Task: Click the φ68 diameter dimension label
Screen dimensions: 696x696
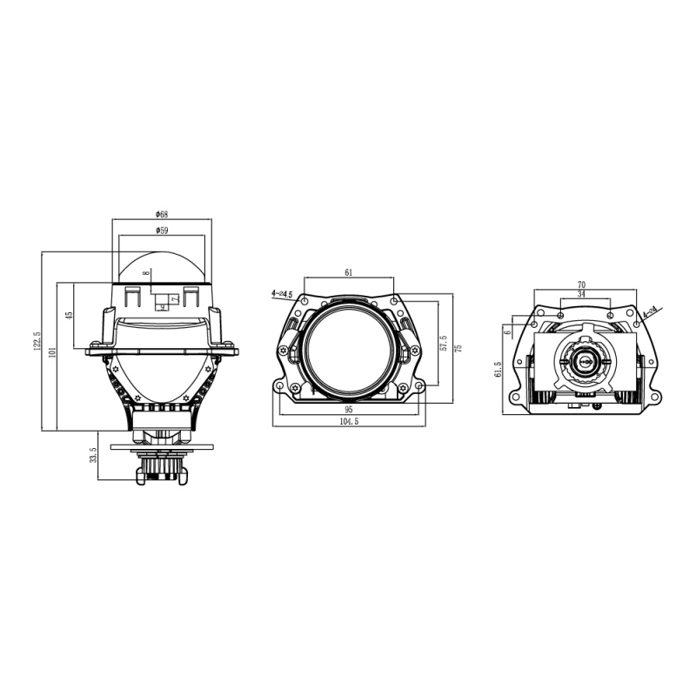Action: pyautogui.click(x=162, y=214)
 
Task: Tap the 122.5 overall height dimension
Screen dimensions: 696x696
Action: pyautogui.click(x=37, y=342)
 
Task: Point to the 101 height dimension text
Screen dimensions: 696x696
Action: pyautogui.click(x=52, y=353)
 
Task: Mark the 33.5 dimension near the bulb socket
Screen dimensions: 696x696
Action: pyautogui.click(x=93, y=456)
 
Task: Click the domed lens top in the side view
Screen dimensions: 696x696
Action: pyautogui.click(x=162, y=265)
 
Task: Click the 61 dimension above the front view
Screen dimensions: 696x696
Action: pyautogui.click(x=349, y=273)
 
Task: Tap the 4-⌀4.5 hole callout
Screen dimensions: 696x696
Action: pyautogui.click(x=282, y=294)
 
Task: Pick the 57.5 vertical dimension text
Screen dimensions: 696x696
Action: pyautogui.click(x=443, y=345)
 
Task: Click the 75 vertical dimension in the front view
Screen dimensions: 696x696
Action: pyautogui.click(x=458, y=347)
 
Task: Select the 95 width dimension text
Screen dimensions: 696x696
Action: pyautogui.click(x=348, y=409)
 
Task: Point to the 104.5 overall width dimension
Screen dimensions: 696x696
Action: pyautogui.click(x=350, y=421)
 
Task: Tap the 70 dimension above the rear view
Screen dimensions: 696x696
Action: pyautogui.click(x=582, y=284)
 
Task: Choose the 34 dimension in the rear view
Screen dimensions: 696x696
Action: pyautogui.click(x=582, y=295)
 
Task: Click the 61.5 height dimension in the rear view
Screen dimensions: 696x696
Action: pyautogui.click(x=498, y=371)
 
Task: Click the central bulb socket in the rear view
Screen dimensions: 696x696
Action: pyautogui.click(x=585, y=359)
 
